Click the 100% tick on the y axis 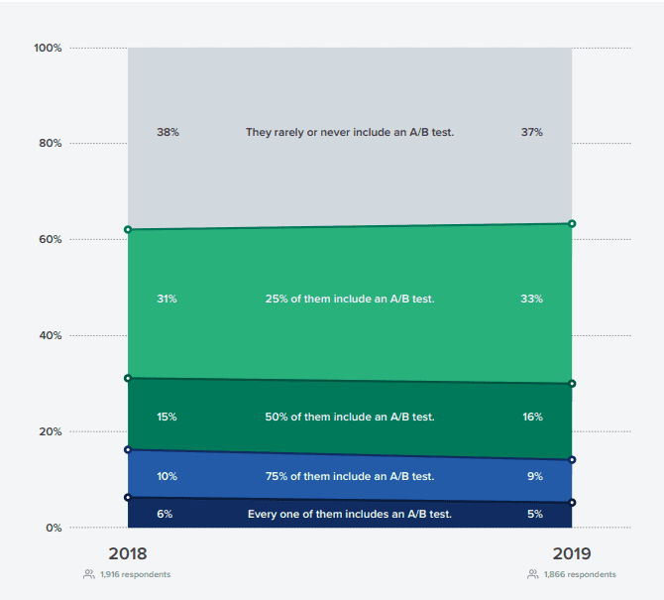coord(49,48)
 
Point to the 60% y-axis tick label coord(51,239)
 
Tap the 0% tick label coord(55,528)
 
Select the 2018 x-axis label coord(128,553)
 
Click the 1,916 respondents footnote coord(134,574)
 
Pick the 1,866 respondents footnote coord(578,574)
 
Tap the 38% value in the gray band coord(167,132)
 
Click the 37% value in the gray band coord(531,132)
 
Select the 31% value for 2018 coord(166,299)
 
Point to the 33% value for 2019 coord(531,299)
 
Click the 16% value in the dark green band coord(531,417)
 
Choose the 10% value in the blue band coord(166,476)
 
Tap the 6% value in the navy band coord(166,514)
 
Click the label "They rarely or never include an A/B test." coord(350,132)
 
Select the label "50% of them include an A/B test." coord(350,417)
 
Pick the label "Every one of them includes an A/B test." coord(350,514)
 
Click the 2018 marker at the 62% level coord(128,229)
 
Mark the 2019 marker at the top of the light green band coord(572,224)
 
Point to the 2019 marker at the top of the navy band coord(572,503)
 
